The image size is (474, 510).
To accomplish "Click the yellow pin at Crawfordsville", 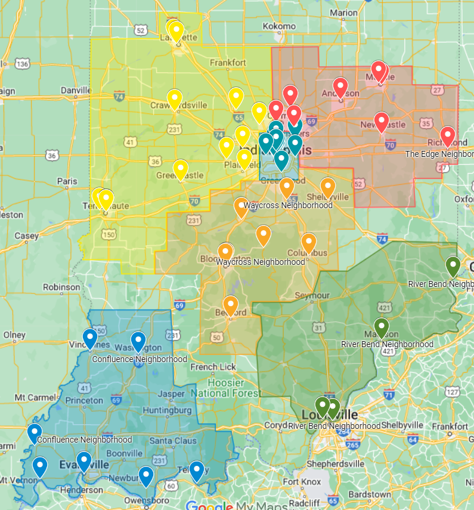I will (174, 98).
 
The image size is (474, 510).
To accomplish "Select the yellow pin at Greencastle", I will (181, 169).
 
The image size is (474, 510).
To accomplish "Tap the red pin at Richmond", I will (447, 135).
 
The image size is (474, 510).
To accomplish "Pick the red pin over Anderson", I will (340, 87).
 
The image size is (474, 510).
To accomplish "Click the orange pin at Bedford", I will (230, 305).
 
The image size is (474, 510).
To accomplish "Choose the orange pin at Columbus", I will (308, 242).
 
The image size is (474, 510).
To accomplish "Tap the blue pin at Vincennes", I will (90, 338).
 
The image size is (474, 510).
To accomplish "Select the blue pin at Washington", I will (138, 341).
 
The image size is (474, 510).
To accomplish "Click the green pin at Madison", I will (382, 327).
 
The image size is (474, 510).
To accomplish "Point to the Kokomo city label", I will (278, 26).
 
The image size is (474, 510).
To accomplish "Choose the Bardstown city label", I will (370, 494).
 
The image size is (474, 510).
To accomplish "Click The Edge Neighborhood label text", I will (439, 154).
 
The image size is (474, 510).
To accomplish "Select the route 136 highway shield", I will (23, 64).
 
